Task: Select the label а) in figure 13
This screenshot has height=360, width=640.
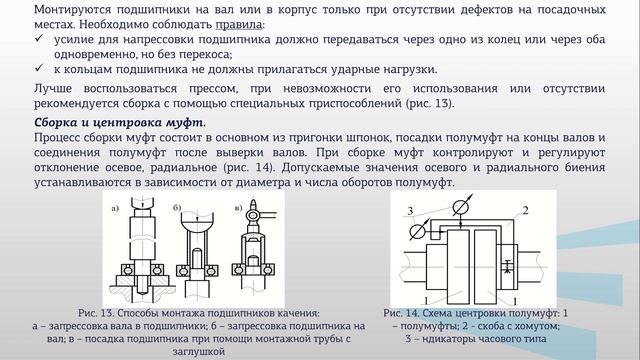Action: coord(118,207)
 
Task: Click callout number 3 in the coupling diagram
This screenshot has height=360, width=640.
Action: coord(409,209)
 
